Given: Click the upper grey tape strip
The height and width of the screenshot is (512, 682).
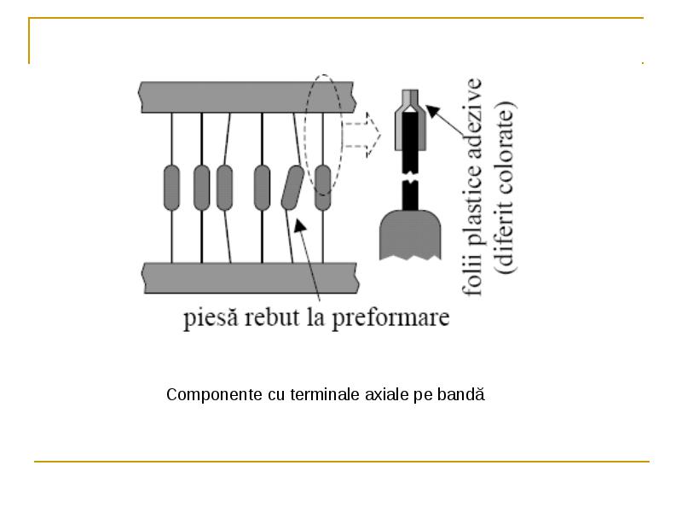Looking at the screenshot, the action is coord(247,97).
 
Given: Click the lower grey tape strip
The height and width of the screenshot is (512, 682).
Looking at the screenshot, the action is coord(251,278).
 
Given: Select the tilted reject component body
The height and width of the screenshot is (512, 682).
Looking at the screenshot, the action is coord(292,188).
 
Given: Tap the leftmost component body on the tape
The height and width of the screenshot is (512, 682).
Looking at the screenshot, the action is coord(171,188).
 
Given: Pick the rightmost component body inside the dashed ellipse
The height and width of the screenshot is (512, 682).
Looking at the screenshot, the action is coord(323,188).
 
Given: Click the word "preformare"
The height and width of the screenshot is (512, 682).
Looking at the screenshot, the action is coord(390,318).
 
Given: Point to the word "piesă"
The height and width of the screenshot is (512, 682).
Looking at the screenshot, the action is coord(211,317).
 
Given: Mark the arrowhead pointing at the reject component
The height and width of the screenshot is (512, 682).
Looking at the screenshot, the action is coord(300,225).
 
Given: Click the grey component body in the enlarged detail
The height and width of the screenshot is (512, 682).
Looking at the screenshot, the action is coord(410,236).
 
